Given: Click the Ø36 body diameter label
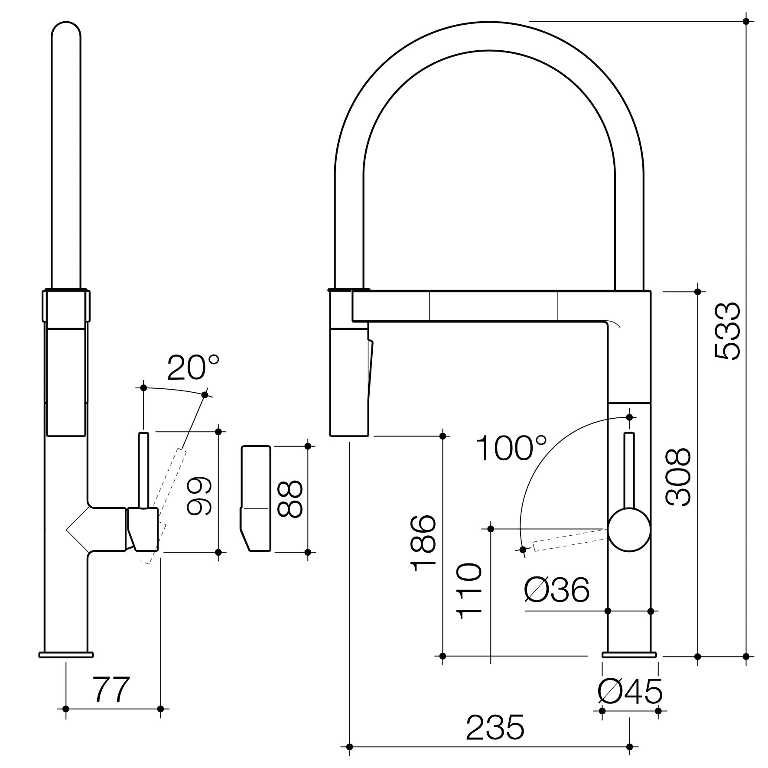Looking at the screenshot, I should click(x=557, y=590).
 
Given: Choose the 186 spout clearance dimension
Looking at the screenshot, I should click(x=423, y=543).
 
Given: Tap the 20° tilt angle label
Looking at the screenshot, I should click(x=193, y=368).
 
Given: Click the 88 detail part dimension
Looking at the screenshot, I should click(x=289, y=498).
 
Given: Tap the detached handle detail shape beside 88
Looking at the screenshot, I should click(x=256, y=498).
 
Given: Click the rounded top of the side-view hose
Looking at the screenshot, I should click(x=66, y=33).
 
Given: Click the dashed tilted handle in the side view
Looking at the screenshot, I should click(x=169, y=498).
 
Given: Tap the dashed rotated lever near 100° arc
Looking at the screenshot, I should click(x=568, y=543).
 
